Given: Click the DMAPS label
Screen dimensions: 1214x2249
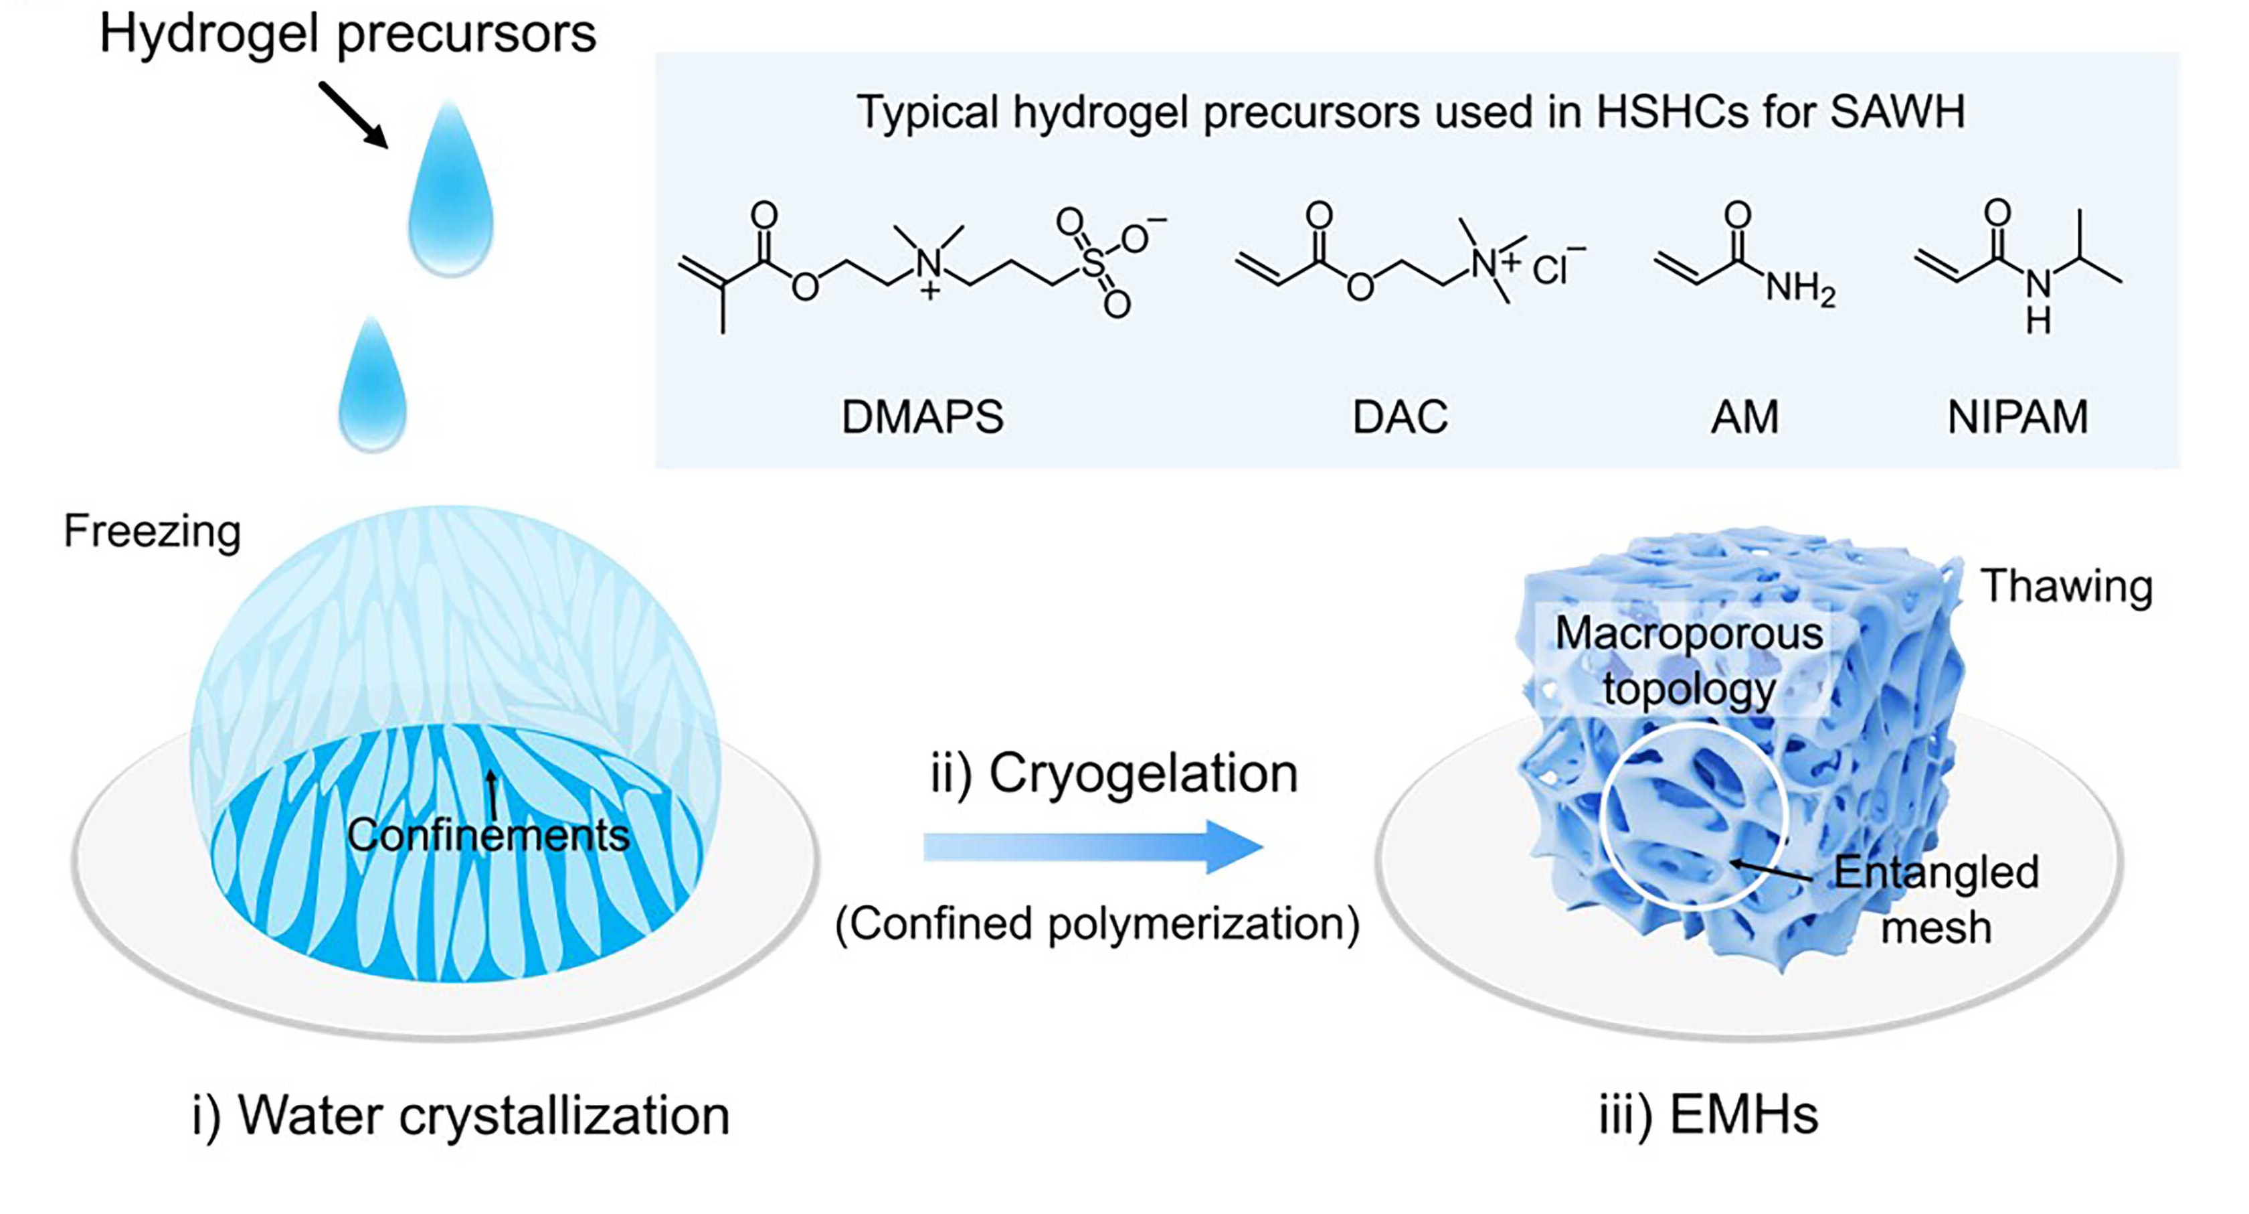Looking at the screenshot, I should click(x=922, y=416).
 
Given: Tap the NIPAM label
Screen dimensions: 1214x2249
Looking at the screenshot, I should click(x=2017, y=416).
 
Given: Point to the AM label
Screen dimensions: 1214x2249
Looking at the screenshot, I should click(x=1744, y=416).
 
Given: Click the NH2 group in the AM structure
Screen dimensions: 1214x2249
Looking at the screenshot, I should click(x=1800, y=288).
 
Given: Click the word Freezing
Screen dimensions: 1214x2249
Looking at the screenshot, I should click(x=152, y=531).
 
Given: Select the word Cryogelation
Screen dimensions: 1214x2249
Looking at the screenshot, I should click(x=1144, y=774).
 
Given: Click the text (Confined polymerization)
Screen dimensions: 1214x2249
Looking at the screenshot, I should click(x=1097, y=924).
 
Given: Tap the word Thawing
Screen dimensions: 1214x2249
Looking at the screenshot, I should click(x=2066, y=586).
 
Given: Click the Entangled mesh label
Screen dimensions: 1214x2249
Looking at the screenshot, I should click(x=1936, y=899).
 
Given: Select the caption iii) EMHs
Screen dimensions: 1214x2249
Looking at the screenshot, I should click(x=1708, y=1116).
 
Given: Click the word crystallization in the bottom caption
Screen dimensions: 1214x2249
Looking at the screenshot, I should click(x=564, y=1116).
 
